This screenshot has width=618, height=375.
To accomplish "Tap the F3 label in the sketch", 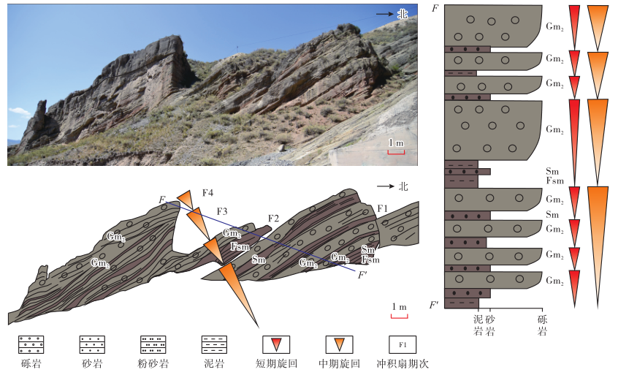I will pyautogui.click(x=221, y=211).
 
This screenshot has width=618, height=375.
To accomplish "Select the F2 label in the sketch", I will pyautogui.click(x=274, y=218).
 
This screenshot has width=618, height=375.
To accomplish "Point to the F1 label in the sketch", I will pyautogui.click(x=381, y=209).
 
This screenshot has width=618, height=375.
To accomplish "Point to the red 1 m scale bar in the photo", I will pyautogui.click(x=396, y=153).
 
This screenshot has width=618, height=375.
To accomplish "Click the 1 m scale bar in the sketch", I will pyautogui.click(x=399, y=316).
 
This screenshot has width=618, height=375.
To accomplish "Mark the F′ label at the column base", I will pyautogui.click(x=435, y=303).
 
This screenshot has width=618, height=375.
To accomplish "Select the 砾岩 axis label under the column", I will pyautogui.click(x=543, y=325).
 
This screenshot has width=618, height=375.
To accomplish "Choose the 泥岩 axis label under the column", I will pyautogui.click(x=478, y=325).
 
